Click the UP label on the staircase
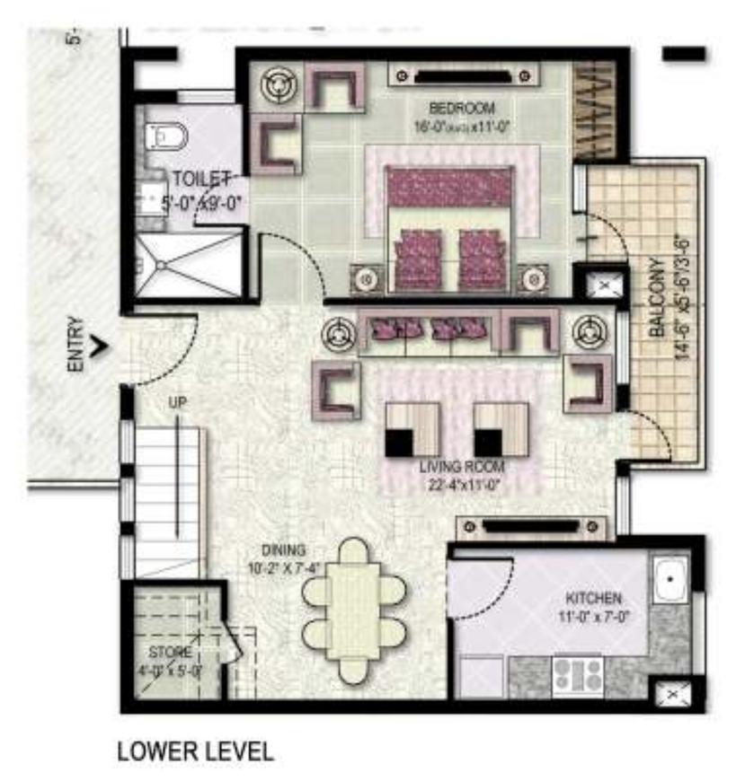(x=177, y=403)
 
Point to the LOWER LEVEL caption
(x=195, y=750)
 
